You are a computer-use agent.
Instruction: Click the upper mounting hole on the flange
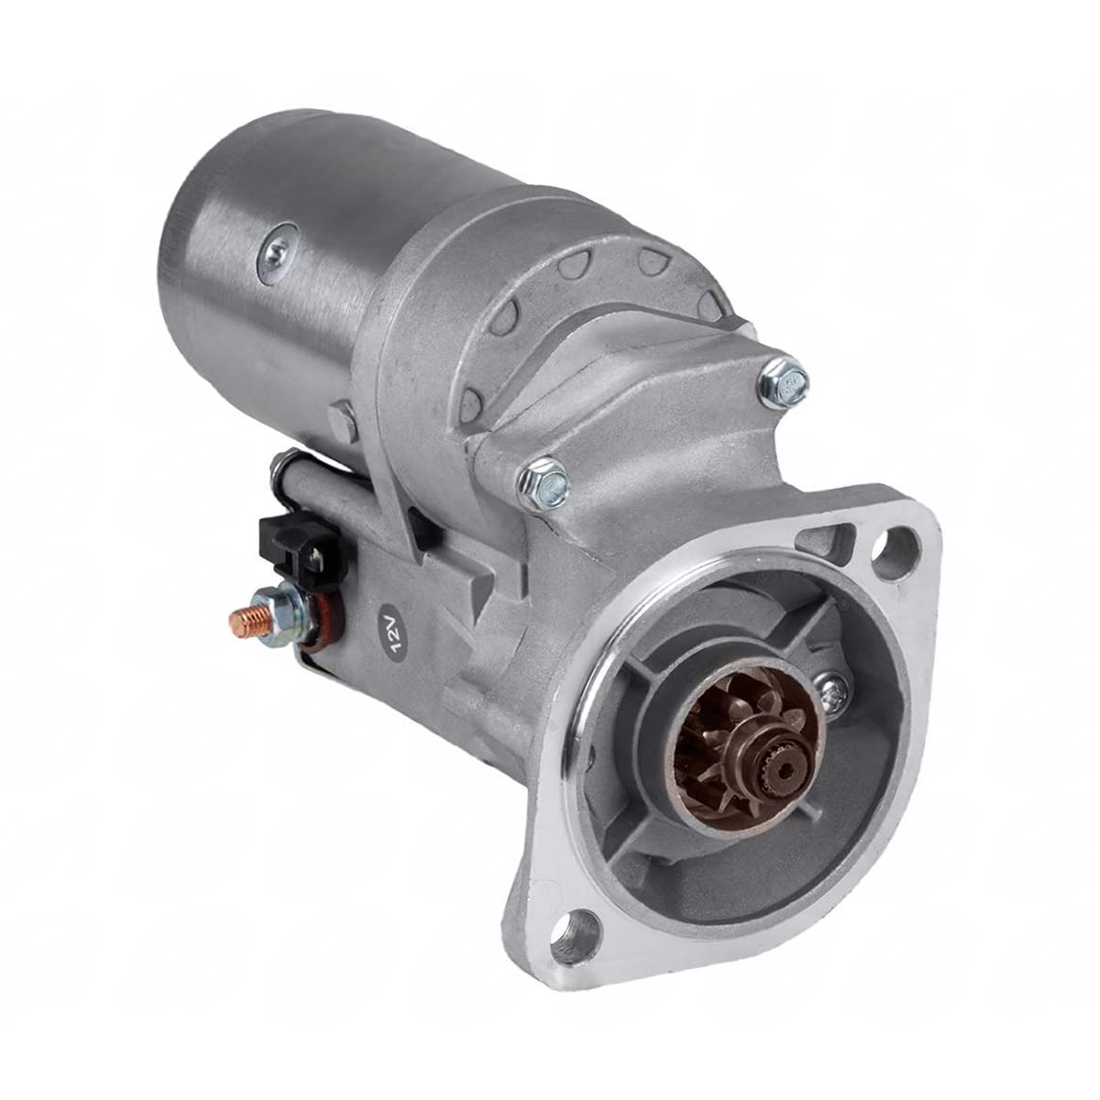(896, 542)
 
